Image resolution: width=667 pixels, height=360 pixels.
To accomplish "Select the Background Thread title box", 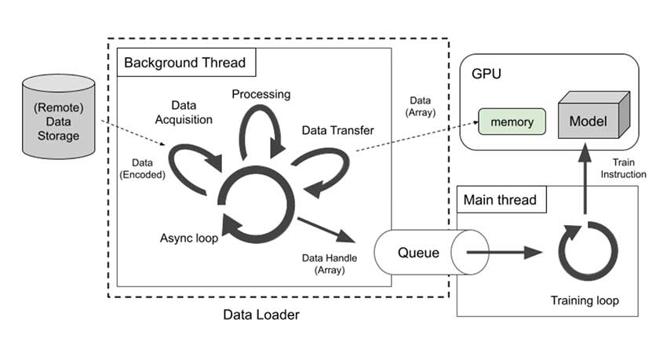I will pyautogui.click(x=181, y=62).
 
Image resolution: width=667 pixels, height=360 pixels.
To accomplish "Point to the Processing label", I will pyautogui.click(x=261, y=94).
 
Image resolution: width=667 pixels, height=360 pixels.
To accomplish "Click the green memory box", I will pyautogui.click(x=511, y=122).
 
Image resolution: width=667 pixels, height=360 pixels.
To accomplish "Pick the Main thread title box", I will pyautogui.click(x=501, y=199).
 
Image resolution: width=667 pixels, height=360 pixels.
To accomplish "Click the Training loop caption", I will pyautogui.click(x=585, y=300).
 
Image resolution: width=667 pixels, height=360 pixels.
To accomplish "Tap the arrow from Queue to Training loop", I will pyautogui.click(x=502, y=253).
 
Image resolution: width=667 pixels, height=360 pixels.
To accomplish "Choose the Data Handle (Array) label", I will pyautogui.click(x=324, y=264).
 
